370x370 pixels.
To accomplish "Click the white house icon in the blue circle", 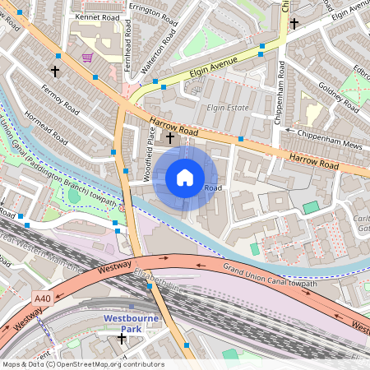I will pyautogui.click(x=185, y=178).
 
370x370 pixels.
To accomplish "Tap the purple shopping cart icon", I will pyautogui.click(x=87, y=58).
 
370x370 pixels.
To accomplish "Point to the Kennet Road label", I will pyautogui.click(x=97, y=16).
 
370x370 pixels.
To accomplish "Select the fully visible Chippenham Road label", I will pyautogui.click(x=280, y=97).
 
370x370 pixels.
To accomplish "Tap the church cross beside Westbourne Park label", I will pyautogui.click(x=122, y=338).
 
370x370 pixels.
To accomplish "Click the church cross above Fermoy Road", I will pyautogui.click(x=56, y=72).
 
